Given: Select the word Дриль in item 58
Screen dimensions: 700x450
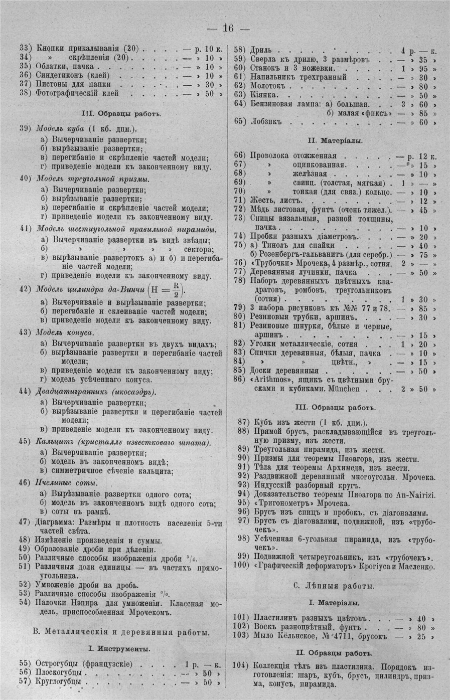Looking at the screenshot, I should coord(260,50).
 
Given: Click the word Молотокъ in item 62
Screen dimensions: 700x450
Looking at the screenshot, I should coord(267,86).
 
